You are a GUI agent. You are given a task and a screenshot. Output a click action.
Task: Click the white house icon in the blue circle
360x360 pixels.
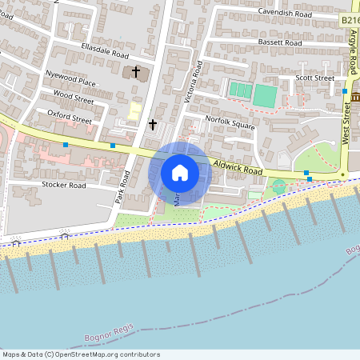180,173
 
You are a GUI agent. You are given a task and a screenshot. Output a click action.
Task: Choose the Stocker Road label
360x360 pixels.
63,185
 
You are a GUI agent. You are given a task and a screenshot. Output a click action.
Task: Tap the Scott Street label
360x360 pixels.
314,78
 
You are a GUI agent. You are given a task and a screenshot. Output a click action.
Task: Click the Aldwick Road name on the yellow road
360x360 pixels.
238,170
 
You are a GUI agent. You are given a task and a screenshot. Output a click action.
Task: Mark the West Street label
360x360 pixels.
346,125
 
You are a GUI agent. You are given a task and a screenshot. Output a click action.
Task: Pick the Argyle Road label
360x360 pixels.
354,47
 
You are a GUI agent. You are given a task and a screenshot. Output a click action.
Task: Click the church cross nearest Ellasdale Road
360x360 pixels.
136,73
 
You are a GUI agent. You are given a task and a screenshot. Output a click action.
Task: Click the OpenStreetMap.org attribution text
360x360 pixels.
105,354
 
